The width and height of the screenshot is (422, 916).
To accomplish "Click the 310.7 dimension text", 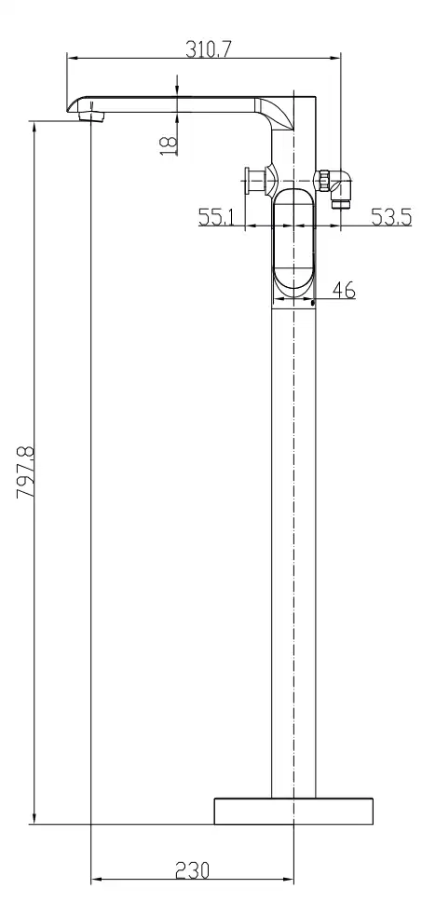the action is click(209, 49).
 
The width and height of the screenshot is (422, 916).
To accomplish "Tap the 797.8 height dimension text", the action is click(26, 472).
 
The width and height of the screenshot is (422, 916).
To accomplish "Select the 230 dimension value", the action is click(193, 870).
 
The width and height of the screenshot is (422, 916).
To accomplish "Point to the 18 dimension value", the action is click(168, 144).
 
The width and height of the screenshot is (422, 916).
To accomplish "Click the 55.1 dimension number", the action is click(216, 217).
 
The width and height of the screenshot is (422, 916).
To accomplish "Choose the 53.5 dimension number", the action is click(391, 217).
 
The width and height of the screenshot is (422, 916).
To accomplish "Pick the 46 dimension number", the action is click(343, 289).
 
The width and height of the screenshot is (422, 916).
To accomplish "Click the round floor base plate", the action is click(293, 811).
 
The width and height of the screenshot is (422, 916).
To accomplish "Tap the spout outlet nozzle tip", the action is click(92, 116).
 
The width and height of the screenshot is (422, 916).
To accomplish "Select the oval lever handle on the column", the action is click(293, 240).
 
